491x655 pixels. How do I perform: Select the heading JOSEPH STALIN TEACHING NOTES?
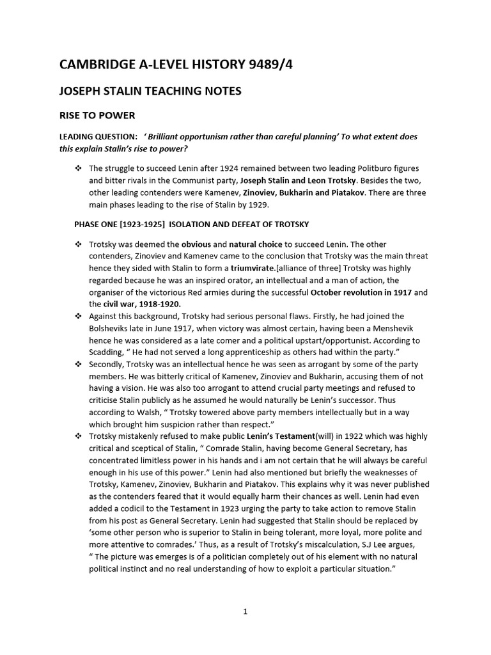pyautogui.click(x=150, y=91)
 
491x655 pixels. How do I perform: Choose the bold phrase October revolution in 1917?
pyautogui.click(x=361, y=292)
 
